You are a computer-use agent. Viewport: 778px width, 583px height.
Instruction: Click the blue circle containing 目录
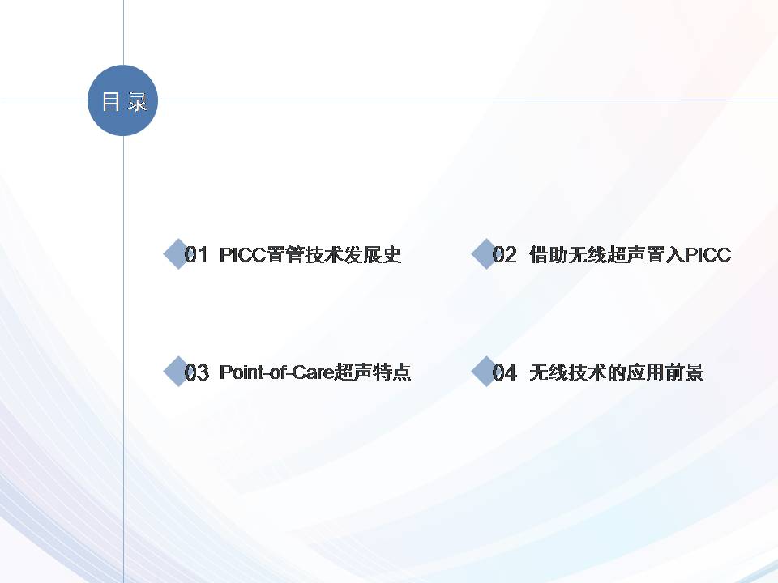tap(122, 100)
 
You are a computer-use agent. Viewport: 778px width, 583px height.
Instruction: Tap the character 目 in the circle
tap(111, 101)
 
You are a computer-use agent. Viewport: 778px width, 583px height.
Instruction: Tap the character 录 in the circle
tap(138, 101)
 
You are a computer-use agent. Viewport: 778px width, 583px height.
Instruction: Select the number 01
tap(195, 255)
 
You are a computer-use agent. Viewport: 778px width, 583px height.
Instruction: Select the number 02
tap(504, 255)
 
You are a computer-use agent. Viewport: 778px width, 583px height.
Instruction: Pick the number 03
tap(196, 372)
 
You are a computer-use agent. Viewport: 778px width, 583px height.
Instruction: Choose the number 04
tap(504, 372)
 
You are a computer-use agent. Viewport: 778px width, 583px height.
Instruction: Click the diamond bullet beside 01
tap(177, 253)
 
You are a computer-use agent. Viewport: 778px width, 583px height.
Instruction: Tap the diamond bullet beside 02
tap(485, 253)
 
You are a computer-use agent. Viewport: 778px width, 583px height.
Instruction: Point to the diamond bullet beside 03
tap(177, 372)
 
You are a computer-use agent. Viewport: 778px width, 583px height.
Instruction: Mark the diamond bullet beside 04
tap(485, 372)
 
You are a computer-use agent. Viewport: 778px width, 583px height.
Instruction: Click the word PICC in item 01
tap(242, 255)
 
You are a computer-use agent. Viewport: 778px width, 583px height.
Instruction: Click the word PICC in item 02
tap(707, 255)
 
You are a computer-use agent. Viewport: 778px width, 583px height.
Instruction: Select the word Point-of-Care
tap(277, 372)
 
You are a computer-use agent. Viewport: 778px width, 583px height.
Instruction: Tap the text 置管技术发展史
tap(334, 255)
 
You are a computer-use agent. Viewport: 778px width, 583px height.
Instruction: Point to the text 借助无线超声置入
tap(607, 255)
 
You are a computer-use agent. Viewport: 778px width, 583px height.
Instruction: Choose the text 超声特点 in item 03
tap(373, 372)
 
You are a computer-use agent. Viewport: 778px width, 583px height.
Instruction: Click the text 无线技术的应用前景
tap(616, 372)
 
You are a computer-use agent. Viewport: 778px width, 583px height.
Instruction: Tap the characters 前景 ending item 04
tap(684, 372)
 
